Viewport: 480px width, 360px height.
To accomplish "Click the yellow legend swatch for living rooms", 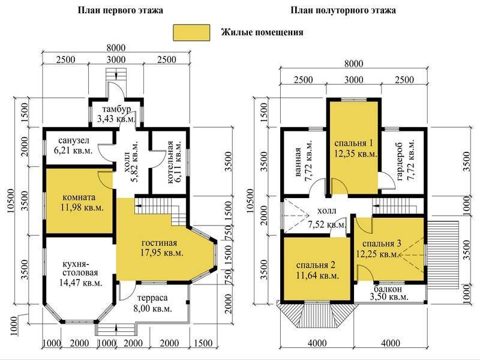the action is [x=191, y=32].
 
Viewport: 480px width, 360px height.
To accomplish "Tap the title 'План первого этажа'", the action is [x=121, y=10].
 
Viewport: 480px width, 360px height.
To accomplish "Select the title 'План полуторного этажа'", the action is [x=343, y=10].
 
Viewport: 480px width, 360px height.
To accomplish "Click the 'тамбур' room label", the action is [x=116, y=109].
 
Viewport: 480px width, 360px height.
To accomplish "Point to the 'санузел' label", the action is [x=74, y=140].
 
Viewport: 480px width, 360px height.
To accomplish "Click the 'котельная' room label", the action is [x=170, y=162].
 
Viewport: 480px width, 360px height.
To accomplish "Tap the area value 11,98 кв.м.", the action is [x=82, y=208].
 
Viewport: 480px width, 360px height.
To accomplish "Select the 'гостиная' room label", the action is [x=159, y=243].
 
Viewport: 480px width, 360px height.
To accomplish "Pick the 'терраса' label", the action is [x=152, y=298].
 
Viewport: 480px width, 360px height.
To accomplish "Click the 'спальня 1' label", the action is [x=354, y=143].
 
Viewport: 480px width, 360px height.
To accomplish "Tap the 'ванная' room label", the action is [x=298, y=162].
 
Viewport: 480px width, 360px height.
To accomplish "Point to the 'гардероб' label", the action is [x=400, y=161].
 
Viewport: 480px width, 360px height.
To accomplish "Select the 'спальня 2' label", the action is [x=316, y=265].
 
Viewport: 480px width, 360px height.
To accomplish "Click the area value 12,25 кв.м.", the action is [x=378, y=254].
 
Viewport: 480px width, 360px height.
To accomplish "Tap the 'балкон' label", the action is [x=388, y=289].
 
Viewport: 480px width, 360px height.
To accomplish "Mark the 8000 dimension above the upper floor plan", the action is [x=353, y=64].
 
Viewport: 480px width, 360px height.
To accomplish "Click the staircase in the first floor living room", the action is [x=160, y=209].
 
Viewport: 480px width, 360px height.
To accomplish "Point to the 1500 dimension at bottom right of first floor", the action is [x=203, y=343].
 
